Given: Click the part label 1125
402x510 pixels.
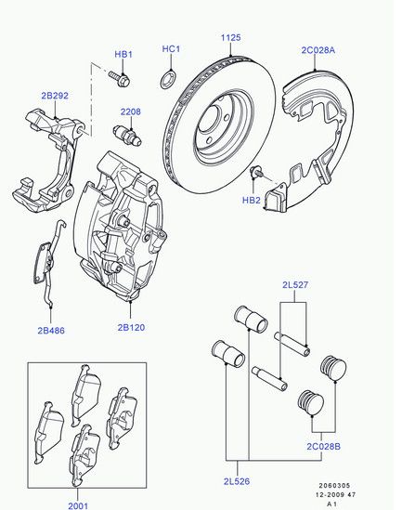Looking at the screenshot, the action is point(231,38).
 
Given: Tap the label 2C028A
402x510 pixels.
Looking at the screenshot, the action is point(318,50).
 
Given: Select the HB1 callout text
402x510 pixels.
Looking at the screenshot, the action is point(123,54).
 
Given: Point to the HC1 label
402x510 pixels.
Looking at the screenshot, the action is point(171,49).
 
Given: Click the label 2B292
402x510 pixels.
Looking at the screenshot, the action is point(55,96).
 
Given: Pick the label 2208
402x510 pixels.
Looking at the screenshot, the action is point(131,111).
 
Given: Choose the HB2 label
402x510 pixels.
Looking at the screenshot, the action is point(252,200).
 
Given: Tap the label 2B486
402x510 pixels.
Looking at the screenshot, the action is point(51,331).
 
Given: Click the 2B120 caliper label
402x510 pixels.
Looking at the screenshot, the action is point(131,327).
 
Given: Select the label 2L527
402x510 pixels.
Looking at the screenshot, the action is point(295,285).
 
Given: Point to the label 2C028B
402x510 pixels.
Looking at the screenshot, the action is point(324,447).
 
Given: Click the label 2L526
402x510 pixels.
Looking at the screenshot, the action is point(237,481).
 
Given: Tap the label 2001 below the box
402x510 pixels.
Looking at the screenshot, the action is point(78,505).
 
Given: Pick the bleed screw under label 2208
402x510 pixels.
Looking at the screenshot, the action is point(127,135).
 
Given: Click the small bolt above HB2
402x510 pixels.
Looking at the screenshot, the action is point(256,171).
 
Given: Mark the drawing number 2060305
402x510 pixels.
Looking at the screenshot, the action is point(334,486).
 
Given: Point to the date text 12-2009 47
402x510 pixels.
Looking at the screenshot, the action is point(336,495).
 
